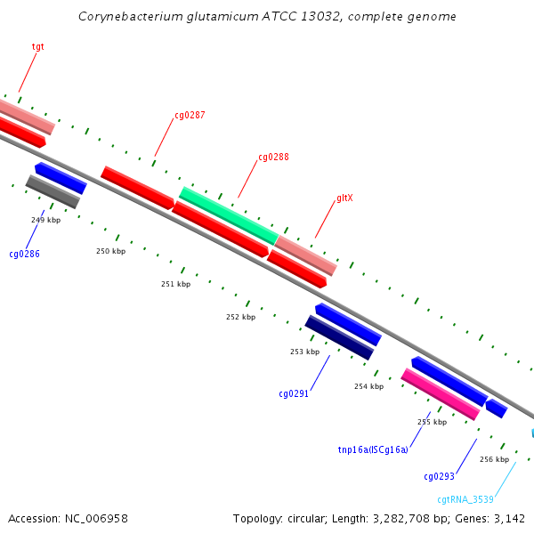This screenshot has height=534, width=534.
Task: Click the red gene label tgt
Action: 37,46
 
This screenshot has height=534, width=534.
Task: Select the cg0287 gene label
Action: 190,115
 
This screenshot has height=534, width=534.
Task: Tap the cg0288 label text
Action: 273,157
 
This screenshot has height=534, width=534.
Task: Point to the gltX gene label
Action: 344,198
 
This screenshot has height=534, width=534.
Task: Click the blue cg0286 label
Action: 25,254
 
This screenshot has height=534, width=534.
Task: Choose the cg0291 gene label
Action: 294,394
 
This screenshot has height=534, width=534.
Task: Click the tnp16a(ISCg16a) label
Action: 373,449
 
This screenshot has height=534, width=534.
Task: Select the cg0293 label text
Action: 439,476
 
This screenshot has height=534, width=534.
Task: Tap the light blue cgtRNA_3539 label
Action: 465,499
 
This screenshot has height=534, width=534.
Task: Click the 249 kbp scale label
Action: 46,220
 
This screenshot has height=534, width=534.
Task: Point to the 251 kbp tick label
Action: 175,284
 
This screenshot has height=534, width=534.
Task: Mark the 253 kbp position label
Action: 304,352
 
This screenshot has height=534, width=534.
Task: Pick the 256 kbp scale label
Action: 495,459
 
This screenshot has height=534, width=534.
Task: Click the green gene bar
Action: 229,215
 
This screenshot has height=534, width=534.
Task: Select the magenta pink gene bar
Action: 441,394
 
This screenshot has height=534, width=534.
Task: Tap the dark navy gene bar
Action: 339,337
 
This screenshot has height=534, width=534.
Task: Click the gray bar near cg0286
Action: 53,191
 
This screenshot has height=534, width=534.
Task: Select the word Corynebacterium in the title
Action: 131,16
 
